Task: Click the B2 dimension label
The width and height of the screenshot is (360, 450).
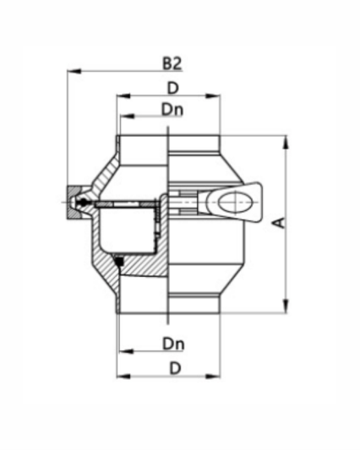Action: [x=172, y=63]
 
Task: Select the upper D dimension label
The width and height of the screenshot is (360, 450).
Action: [x=172, y=88]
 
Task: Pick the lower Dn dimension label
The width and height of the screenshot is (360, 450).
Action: [x=172, y=344]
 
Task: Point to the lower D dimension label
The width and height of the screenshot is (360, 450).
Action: [x=172, y=368]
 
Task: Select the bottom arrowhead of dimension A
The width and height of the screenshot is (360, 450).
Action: [x=286, y=308]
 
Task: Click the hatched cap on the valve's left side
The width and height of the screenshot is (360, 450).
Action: [x=75, y=203]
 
